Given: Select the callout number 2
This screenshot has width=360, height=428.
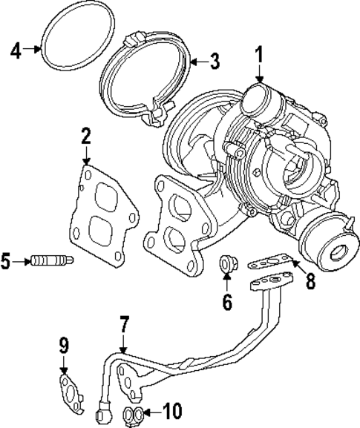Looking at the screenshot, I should [86, 136].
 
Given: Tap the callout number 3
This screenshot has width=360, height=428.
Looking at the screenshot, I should [214, 61].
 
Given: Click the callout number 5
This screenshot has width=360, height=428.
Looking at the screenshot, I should [7, 260].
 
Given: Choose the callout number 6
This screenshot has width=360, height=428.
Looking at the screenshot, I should [227, 303].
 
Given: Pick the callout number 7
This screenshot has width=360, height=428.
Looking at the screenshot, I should [124, 323].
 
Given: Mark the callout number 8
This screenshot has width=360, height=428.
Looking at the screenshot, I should [311, 280].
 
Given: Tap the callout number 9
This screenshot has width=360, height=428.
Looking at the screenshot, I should [64, 345].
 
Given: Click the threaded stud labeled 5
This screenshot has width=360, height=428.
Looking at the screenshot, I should [50, 260].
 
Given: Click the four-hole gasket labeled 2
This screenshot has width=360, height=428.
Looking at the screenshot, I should [102, 215].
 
